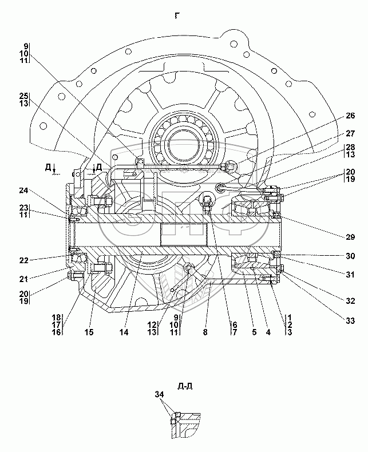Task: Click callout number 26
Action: [350, 116]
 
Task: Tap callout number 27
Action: [350, 134]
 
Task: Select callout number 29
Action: [350, 237]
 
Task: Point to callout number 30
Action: [350, 256]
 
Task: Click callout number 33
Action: [350, 320]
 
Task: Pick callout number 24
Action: [23, 191]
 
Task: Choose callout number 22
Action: [23, 260]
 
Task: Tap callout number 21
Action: [23, 279]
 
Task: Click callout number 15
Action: [89, 332]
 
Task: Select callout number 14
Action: [124, 332]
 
